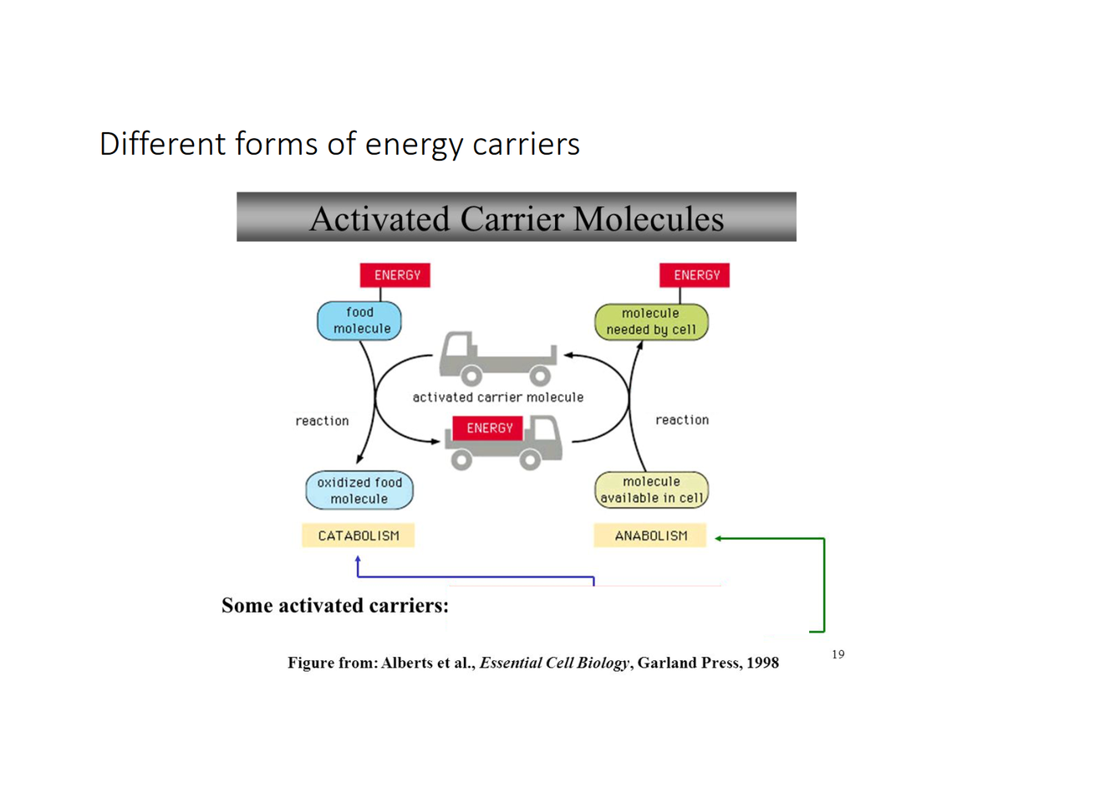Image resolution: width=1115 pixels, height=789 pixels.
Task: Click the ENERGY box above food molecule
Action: [x=395, y=275]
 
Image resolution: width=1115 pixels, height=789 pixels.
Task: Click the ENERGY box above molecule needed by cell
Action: [x=695, y=275]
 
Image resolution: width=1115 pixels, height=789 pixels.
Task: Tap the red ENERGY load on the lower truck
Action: [x=489, y=428]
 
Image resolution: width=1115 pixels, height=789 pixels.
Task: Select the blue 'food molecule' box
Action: [x=359, y=320]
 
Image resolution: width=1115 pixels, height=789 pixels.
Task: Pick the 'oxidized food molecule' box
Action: [x=359, y=490]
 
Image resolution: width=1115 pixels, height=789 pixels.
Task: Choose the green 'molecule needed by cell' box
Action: [x=651, y=322]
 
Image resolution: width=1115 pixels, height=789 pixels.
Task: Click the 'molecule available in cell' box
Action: [x=651, y=490]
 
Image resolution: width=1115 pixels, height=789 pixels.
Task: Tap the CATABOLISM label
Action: [x=358, y=535]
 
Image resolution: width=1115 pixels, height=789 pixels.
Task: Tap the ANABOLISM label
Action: [x=650, y=535]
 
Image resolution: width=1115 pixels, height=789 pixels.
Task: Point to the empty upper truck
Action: [x=497, y=358]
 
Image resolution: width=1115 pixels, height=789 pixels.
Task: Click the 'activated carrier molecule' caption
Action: [x=498, y=397]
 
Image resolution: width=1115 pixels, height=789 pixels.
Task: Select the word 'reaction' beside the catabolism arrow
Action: [x=322, y=421]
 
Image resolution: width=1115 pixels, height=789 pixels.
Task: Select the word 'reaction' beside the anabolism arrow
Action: [x=682, y=420]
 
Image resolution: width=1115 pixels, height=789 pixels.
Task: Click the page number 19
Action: [x=838, y=654]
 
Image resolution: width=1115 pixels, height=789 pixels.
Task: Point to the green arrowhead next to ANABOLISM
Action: [x=719, y=539]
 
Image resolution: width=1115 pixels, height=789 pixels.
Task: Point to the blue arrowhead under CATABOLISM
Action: [x=358, y=560]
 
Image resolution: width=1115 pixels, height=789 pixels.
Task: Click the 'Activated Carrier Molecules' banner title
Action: [x=517, y=219]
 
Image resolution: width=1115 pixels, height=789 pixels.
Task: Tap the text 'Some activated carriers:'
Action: [x=335, y=606]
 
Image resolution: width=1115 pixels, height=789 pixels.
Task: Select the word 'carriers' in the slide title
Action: [x=526, y=144]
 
